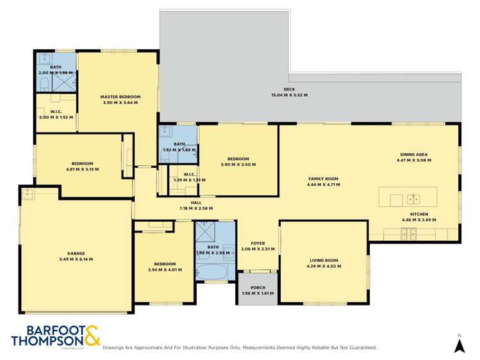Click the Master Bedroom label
point(120,97)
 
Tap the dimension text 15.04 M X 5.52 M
point(289,95)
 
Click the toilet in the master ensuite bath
point(44,83)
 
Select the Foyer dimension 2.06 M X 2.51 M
point(258,249)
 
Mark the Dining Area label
point(413,154)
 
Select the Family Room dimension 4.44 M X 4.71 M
point(323,184)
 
